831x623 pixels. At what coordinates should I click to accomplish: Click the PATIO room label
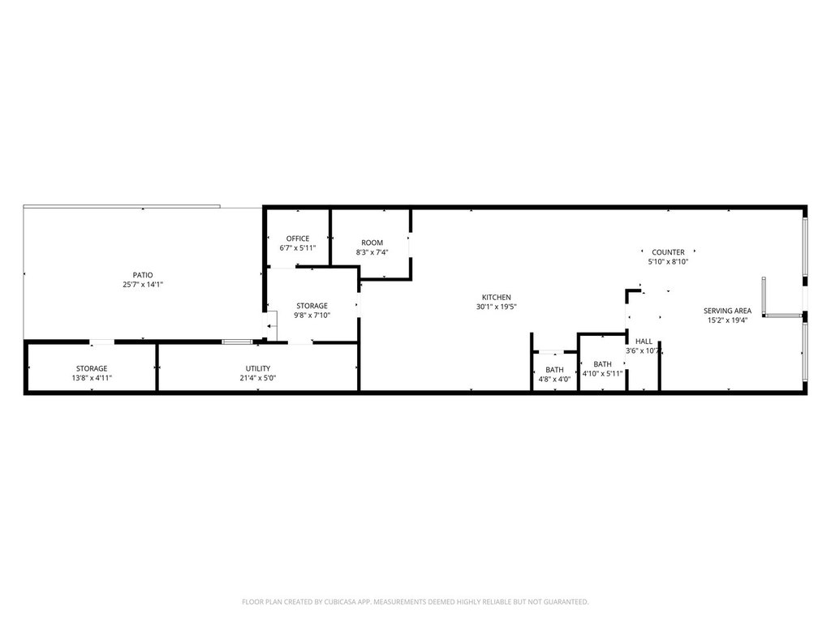point(143,275)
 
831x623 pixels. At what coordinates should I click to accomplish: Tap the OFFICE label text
point(298,238)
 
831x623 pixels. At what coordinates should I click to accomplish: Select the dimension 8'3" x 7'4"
point(372,252)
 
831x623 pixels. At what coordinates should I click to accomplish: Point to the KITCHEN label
point(496,297)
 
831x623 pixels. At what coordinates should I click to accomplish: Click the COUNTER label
point(668,252)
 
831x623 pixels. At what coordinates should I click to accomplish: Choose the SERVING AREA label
point(727,311)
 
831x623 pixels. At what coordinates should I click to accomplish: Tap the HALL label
point(644,342)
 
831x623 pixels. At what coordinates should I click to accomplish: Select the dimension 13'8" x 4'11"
point(92,378)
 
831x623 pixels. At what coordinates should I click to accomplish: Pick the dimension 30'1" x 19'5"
point(497,307)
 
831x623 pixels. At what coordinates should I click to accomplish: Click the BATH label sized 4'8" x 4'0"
point(554,370)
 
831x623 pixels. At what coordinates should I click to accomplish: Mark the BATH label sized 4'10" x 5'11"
point(602,364)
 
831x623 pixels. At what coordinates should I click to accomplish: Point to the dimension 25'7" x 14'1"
point(143,285)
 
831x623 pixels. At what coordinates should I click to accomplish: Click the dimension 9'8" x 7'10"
point(312,316)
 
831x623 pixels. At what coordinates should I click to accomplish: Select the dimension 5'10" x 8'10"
point(668,262)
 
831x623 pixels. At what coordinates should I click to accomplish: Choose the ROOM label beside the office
point(372,243)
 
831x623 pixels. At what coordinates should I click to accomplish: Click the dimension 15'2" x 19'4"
point(727,320)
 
